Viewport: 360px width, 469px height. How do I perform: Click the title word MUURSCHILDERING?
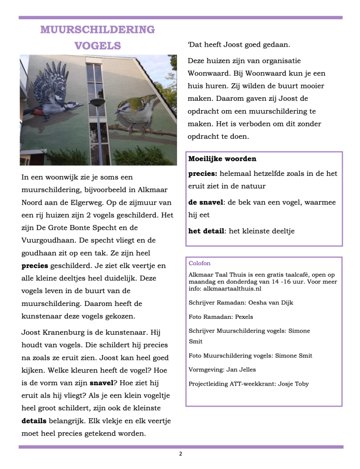pyautogui.click(x=98, y=30)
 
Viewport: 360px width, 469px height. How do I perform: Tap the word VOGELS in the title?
pyautogui.click(x=98, y=46)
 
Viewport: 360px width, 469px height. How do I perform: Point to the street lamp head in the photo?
pyautogui.click(x=97, y=102)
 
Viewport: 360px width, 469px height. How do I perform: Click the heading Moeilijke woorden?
pyautogui.click(x=222, y=159)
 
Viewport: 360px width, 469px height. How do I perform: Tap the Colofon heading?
pyautogui.click(x=200, y=263)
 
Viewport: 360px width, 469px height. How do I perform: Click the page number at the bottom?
pyautogui.click(x=180, y=454)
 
